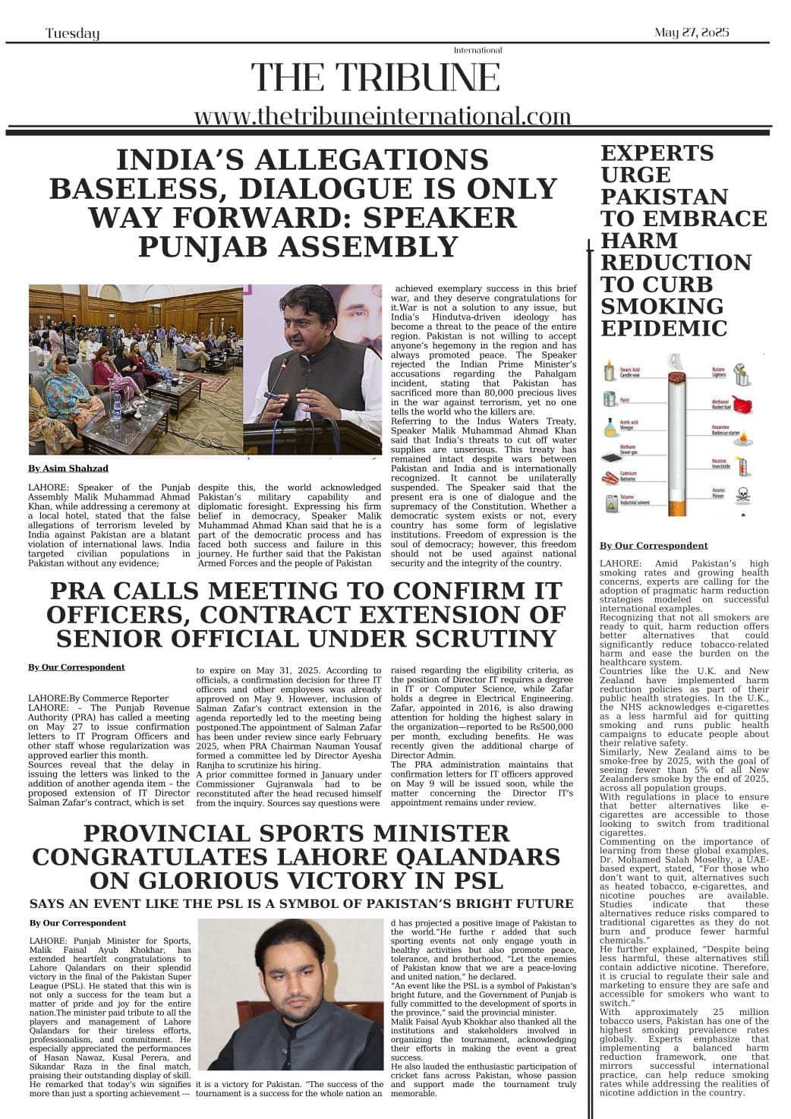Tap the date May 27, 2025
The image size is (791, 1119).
tap(691, 33)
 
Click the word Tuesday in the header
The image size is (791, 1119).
tap(72, 33)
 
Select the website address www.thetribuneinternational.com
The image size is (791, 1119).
tap(382, 116)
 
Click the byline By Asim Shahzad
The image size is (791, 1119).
tap(68, 468)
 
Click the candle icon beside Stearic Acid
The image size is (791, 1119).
tap(608, 373)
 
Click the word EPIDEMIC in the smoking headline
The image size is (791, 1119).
tap(663, 329)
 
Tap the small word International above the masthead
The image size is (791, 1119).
tap(477, 50)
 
